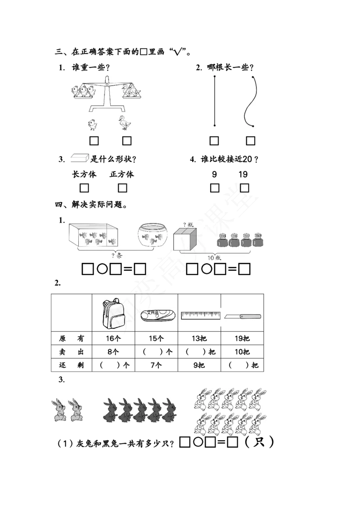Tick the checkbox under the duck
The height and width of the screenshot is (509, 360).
click(x=127, y=141)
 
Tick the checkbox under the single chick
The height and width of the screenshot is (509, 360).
click(x=94, y=141)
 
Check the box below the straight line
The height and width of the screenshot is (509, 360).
click(x=214, y=141)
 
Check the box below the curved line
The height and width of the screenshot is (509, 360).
click(x=251, y=141)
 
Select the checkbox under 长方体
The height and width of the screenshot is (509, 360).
click(x=84, y=188)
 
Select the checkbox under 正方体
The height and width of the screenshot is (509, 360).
click(x=122, y=188)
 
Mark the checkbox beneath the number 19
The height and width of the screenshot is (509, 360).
click(x=244, y=188)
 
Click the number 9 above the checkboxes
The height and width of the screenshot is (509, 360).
click(x=215, y=174)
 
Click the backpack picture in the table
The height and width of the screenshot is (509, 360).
click(x=113, y=313)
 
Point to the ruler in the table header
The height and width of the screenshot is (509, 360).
click(x=200, y=316)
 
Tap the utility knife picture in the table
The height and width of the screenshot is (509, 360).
click(x=243, y=316)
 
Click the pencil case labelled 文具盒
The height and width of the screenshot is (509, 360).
click(x=158, y=315)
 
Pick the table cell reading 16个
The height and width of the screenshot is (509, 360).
click(x=113, y=339)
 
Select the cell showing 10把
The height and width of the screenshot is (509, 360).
click(x=243, y=352)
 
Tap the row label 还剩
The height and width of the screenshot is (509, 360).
click(x=72, y=365)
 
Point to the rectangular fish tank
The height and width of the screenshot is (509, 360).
click(x=93, y=235)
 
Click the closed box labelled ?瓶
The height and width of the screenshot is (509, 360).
click(x=185, y=239)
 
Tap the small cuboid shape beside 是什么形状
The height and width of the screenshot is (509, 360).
click(x=80, y=158)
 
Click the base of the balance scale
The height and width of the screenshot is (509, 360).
click(x=108, y=108)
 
